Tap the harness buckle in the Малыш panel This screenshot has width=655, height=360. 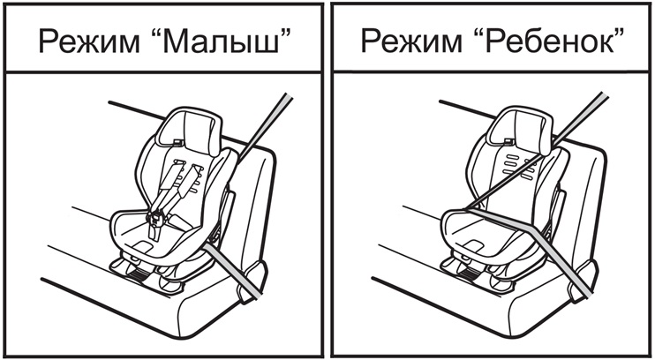156,219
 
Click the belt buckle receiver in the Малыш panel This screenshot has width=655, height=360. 252,281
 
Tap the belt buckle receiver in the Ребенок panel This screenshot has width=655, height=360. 583,279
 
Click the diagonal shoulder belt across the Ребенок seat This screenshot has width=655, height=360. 537,150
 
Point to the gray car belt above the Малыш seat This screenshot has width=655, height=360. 264,126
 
